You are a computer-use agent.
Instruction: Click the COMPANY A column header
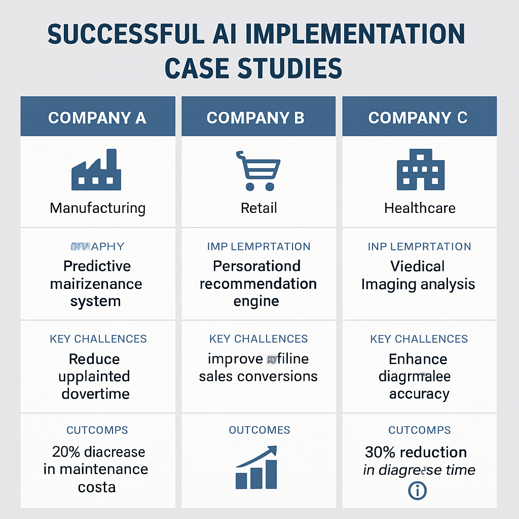[x=97, y=118]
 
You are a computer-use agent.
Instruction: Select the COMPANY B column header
[x=255, y=118]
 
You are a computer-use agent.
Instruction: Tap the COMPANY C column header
[x=418, y=118]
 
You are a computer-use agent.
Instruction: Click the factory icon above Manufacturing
[x=96, y=170]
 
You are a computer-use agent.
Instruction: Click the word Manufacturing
[x=97, y=208]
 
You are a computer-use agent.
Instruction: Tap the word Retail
[x=259, y=208]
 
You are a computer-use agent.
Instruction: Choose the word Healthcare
[x=420, y=208]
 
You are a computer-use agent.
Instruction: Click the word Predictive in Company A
[x=97, y=266]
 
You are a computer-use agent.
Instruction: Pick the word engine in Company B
[x=256, y=301]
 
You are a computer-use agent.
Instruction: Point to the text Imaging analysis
[x=418, y=284]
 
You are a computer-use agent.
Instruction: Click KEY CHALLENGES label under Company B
[x=258, y=339]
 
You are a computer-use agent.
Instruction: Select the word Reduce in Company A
[x=94, y=359]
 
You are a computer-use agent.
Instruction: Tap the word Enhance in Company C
[x=418, y=359]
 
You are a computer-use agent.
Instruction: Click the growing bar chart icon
[x=257, y=467]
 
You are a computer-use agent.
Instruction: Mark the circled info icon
[x=417, y=490]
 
